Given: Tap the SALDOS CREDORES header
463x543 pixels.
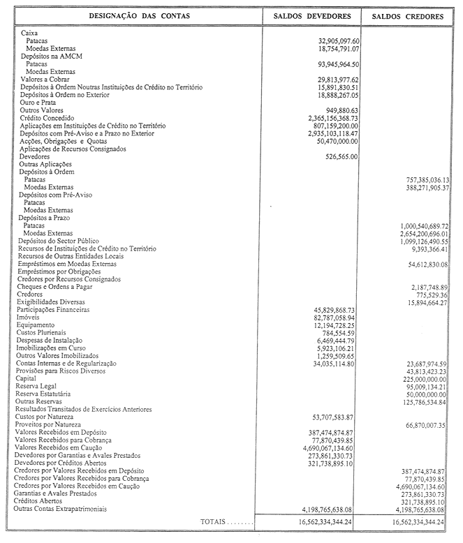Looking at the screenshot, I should [x=408, y=16].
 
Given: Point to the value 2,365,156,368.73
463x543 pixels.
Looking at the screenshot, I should [x=324, y=119].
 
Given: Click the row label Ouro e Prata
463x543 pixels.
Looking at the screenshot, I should [x=40, y=103].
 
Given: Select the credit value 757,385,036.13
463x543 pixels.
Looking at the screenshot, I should [x=420, y=179].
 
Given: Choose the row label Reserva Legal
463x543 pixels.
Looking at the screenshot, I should [x=38, y=386].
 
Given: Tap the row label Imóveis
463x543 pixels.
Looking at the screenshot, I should [x=29, y=317].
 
